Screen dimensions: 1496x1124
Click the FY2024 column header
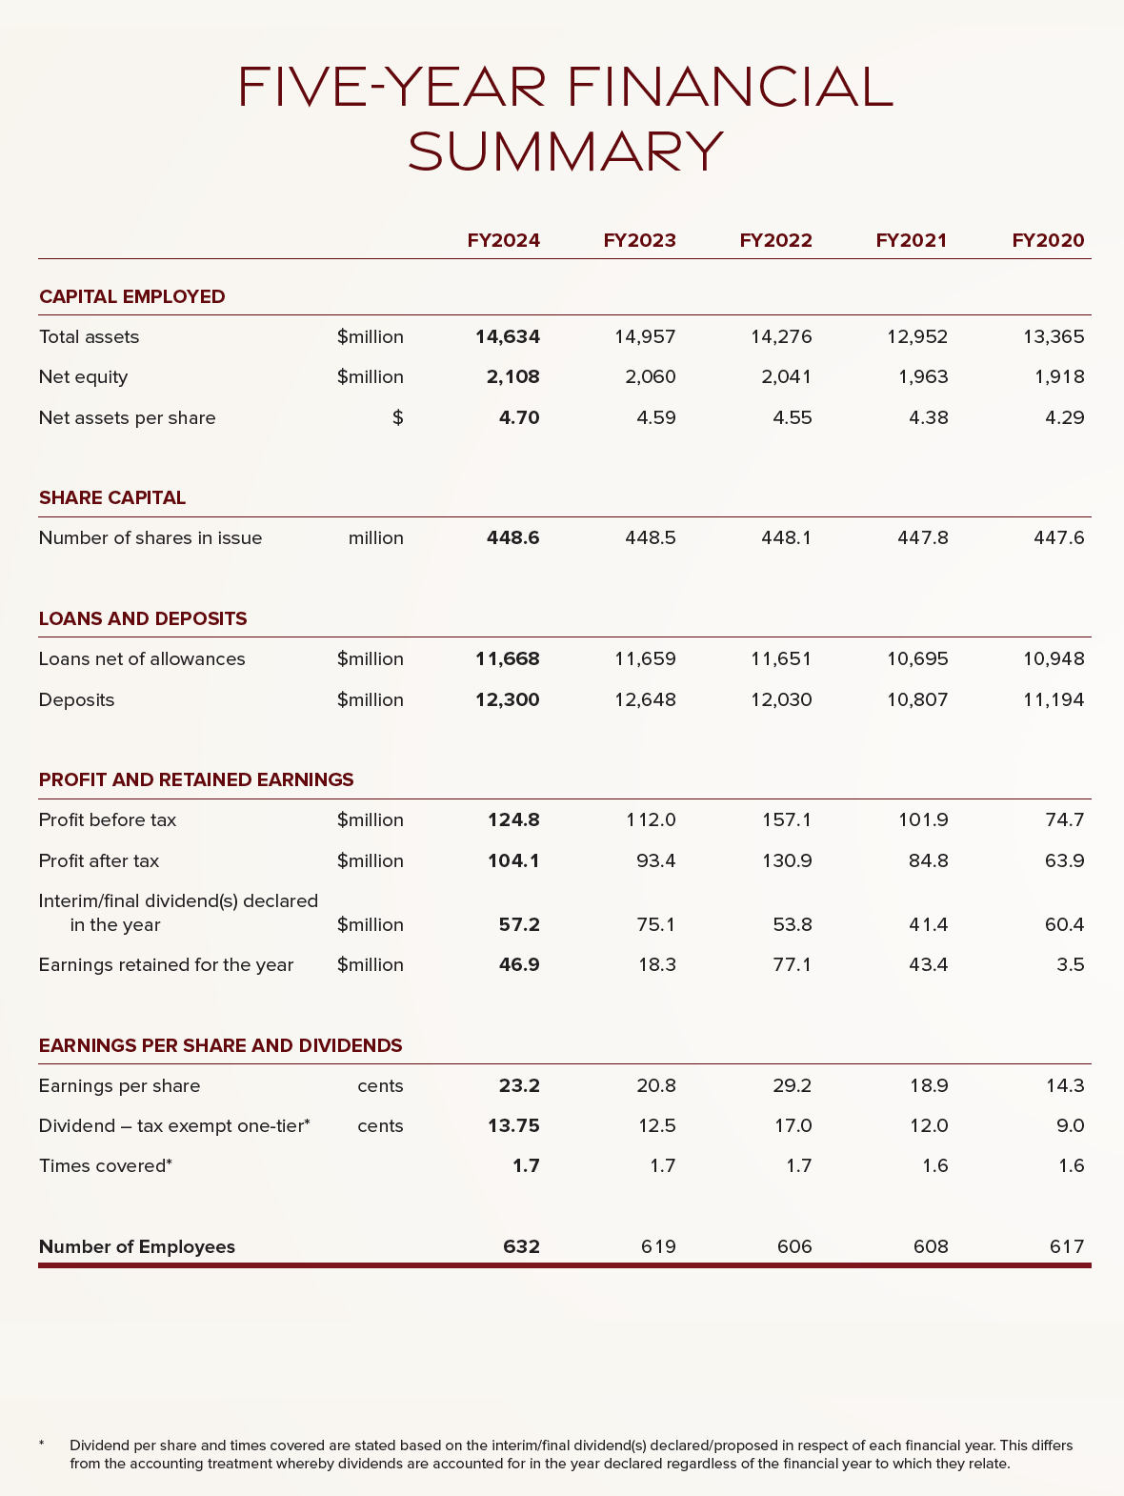point(503,240)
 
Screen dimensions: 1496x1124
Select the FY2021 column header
point(912,240)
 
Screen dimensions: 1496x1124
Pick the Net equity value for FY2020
point(1059,376)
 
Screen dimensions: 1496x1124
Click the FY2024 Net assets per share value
point(519,417)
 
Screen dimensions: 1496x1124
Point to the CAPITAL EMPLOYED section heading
point(132,296)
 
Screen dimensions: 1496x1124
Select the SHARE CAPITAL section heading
point(112,497)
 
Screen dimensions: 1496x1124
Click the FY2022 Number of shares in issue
point(787,537)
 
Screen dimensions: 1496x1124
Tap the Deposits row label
point(76,699)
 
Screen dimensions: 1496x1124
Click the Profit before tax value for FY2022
point(787,819)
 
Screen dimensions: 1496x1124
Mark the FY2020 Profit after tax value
point(1065,860)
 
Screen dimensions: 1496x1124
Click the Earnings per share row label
point(119,1085)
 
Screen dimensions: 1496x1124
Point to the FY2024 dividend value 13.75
point(513,1125)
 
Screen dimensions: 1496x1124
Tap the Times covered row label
point(105,1165)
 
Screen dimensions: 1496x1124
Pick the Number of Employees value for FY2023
point(657,1246)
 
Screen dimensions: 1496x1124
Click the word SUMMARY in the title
point(566,152)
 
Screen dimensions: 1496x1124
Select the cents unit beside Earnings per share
point(380,1085)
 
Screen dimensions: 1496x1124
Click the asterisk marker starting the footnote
point(42,1445)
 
